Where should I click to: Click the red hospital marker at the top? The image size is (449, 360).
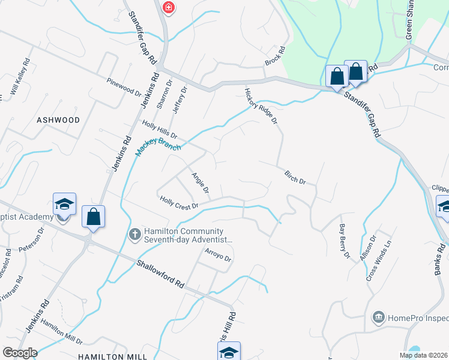tap(169, 8)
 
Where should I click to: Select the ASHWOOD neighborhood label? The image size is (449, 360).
tap(58, 120)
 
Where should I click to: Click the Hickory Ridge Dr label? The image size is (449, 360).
tap(261, 106)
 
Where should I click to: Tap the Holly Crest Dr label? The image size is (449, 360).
tap(179, 203)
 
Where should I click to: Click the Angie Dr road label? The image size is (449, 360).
tap(200, 183)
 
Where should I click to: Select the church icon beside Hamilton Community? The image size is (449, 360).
tap(136, 233)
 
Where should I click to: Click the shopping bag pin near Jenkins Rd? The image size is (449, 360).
tap(94, 217)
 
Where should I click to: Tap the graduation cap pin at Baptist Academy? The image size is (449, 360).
tap(64, 204)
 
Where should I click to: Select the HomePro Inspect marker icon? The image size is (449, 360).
tap(378, 316)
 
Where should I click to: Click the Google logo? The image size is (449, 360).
tap(19, 353)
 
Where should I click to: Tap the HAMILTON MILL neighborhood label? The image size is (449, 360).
tap(113, 356)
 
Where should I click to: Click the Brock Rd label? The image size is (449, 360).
tap(274, 57)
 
